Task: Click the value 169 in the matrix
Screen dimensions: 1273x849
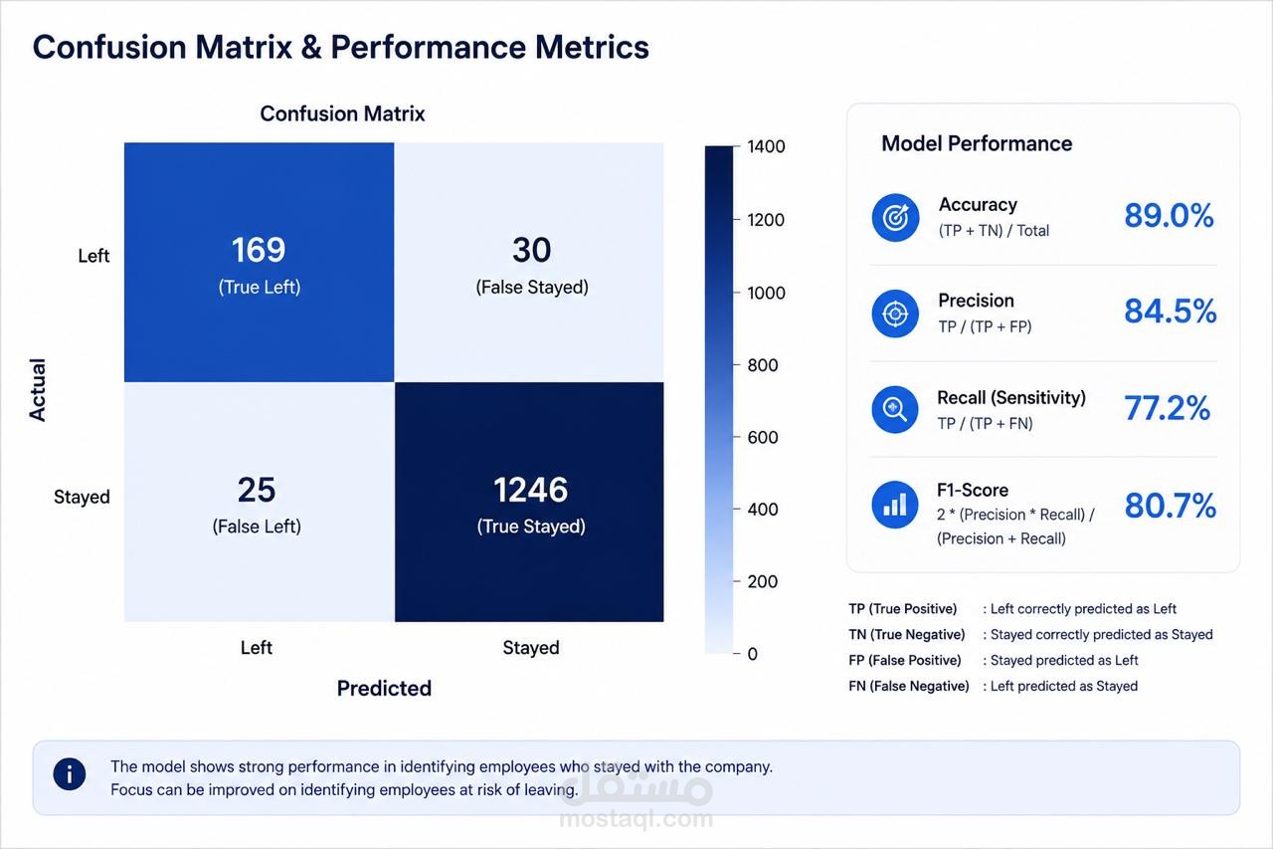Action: point(258,250)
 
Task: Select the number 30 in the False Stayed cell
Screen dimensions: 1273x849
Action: point(531,250)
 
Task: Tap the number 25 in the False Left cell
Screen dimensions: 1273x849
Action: point(257,490)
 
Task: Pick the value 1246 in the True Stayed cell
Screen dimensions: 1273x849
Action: point(530,490)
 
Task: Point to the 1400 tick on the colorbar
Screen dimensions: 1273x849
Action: point(766,146)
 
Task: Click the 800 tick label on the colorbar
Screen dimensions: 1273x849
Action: point(763,365)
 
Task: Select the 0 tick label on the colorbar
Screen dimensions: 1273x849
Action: point(753,654)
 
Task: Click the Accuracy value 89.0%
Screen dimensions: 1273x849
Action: point(1169,216)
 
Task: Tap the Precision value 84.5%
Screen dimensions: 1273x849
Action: point(1171,312)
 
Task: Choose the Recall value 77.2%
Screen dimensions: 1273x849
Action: point(1168,408)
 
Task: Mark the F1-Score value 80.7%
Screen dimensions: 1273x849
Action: point(1171,505)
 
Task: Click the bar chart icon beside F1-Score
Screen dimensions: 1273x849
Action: point(895,505)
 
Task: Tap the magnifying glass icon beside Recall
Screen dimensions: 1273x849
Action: point(895,409)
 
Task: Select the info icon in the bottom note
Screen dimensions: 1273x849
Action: point(70,774)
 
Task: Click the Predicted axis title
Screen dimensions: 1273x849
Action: point(384,689)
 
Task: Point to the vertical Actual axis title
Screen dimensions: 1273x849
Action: point(38,390)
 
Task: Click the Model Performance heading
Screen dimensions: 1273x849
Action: point(977,144)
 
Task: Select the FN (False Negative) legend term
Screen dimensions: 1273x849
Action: point(909,687)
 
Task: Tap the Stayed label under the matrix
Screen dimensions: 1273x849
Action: point(531,648)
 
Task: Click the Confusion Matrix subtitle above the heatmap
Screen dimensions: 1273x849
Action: point(342,114)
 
